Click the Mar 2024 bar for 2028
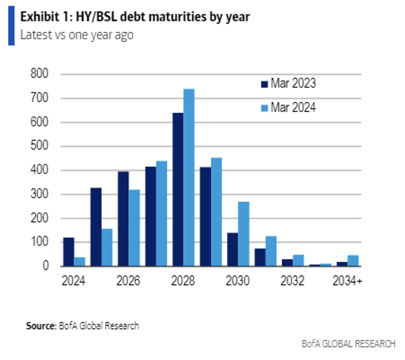(188, 177)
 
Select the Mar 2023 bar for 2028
(178, 189)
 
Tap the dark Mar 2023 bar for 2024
(68, 252)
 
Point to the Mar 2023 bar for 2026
(123, 219)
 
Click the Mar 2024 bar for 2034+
(353, 261)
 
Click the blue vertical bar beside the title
(11, 26)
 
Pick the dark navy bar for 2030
(233, 250)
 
